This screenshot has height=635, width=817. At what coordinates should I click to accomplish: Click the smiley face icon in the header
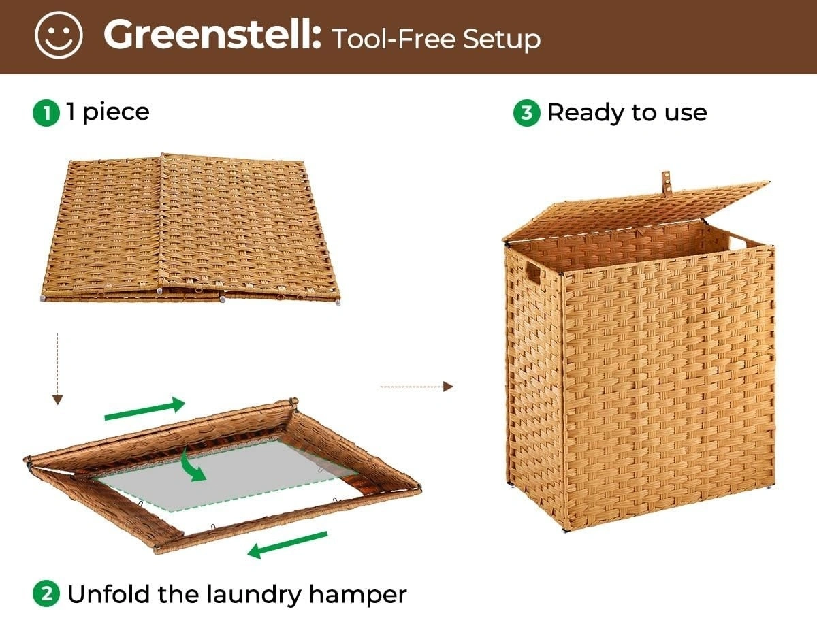[59, 35]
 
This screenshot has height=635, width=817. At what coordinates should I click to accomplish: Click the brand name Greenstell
[212, 35]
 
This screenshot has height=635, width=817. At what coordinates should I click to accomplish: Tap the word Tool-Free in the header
[394, 39]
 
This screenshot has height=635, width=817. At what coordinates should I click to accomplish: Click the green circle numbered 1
[46, 113]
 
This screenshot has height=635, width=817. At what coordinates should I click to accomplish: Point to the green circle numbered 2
[46, 593]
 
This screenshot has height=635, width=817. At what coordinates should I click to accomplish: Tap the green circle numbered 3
[527, 113]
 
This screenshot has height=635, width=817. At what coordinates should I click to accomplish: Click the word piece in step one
[116, 113]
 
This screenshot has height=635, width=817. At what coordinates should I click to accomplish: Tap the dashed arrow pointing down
[57, 369]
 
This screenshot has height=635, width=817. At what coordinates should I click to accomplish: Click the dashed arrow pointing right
[417, 387]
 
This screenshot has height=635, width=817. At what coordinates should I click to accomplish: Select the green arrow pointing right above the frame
[145, 409]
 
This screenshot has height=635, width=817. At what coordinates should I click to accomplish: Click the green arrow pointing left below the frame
[287, 544]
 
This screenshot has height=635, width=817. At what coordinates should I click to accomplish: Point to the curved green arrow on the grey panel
[193, 466]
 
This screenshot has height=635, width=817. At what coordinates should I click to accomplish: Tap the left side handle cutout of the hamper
[533, 275]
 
